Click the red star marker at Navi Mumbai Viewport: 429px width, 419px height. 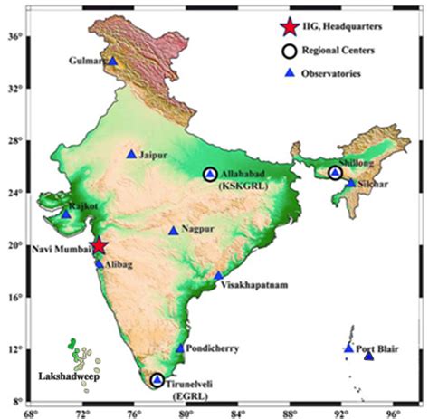point(98,246)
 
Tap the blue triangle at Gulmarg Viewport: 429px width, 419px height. point(112,62)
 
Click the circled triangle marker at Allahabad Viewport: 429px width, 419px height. point(210,174)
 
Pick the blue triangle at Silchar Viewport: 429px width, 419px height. point(351,183)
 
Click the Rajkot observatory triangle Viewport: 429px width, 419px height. point(66,214)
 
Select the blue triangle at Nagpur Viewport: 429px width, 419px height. point(174,231)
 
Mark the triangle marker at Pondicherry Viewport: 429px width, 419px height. point(180,348)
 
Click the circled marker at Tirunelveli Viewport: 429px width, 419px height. point(157,380)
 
